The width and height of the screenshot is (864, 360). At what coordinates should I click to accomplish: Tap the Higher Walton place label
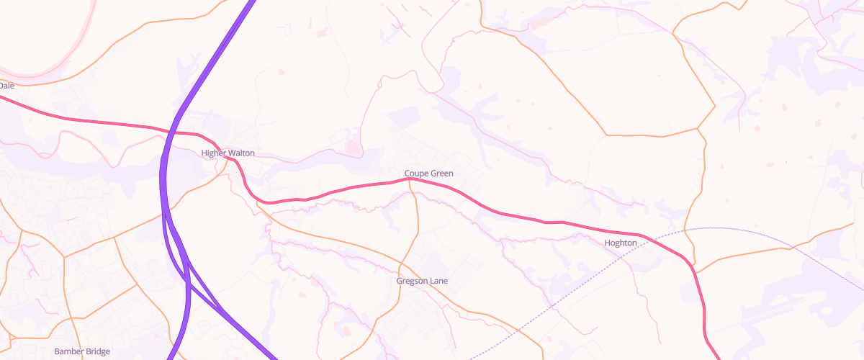(228, 153)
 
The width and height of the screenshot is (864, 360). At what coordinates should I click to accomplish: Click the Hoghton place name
(621, 243)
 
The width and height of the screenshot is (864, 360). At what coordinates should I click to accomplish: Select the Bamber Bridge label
(82, 351)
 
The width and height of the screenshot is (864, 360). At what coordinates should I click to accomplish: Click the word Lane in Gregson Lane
(438, 280)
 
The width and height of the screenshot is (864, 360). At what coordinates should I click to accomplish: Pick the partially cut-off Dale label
(6, 86)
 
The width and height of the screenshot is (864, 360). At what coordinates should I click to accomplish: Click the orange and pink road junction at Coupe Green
(410, 179)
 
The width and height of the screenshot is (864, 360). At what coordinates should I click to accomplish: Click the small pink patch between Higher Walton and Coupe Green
(353, 148)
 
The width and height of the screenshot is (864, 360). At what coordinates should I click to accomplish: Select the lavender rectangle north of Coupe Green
(403, 117)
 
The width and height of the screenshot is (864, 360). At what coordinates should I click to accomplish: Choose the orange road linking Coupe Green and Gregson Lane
(417, 223)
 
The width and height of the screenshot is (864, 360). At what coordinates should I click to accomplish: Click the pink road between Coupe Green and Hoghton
(504, 214)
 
